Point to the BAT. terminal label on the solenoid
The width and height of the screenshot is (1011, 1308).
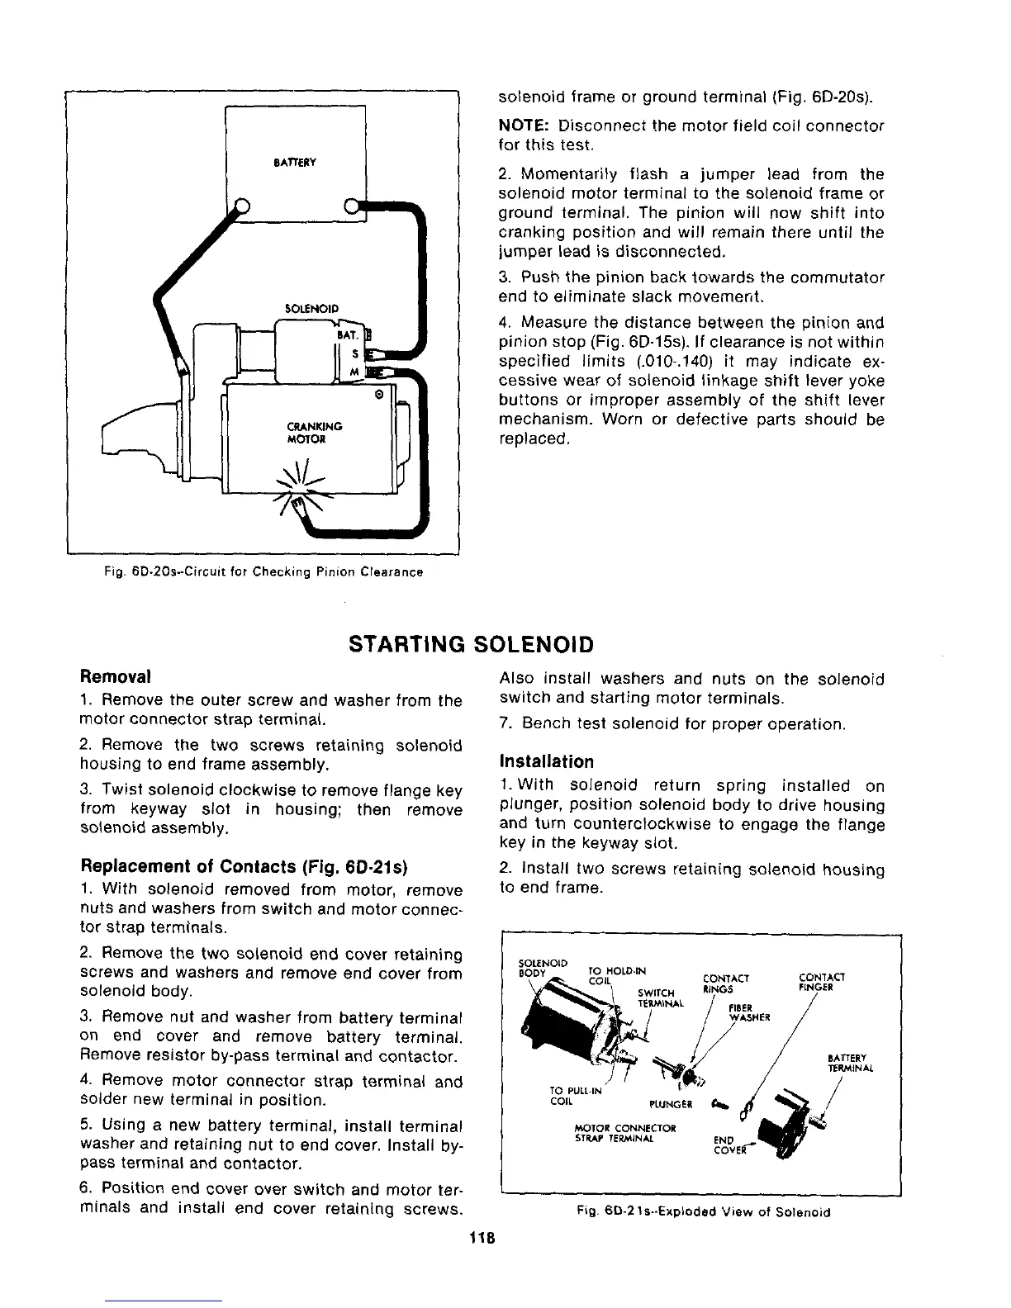click(x=346, y=335)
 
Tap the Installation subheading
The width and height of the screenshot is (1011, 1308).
click(x=546, y=761)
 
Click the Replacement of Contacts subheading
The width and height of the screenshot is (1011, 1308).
click(x=244, y=867)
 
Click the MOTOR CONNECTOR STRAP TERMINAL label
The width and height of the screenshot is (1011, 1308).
click(x=625, y=1132)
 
